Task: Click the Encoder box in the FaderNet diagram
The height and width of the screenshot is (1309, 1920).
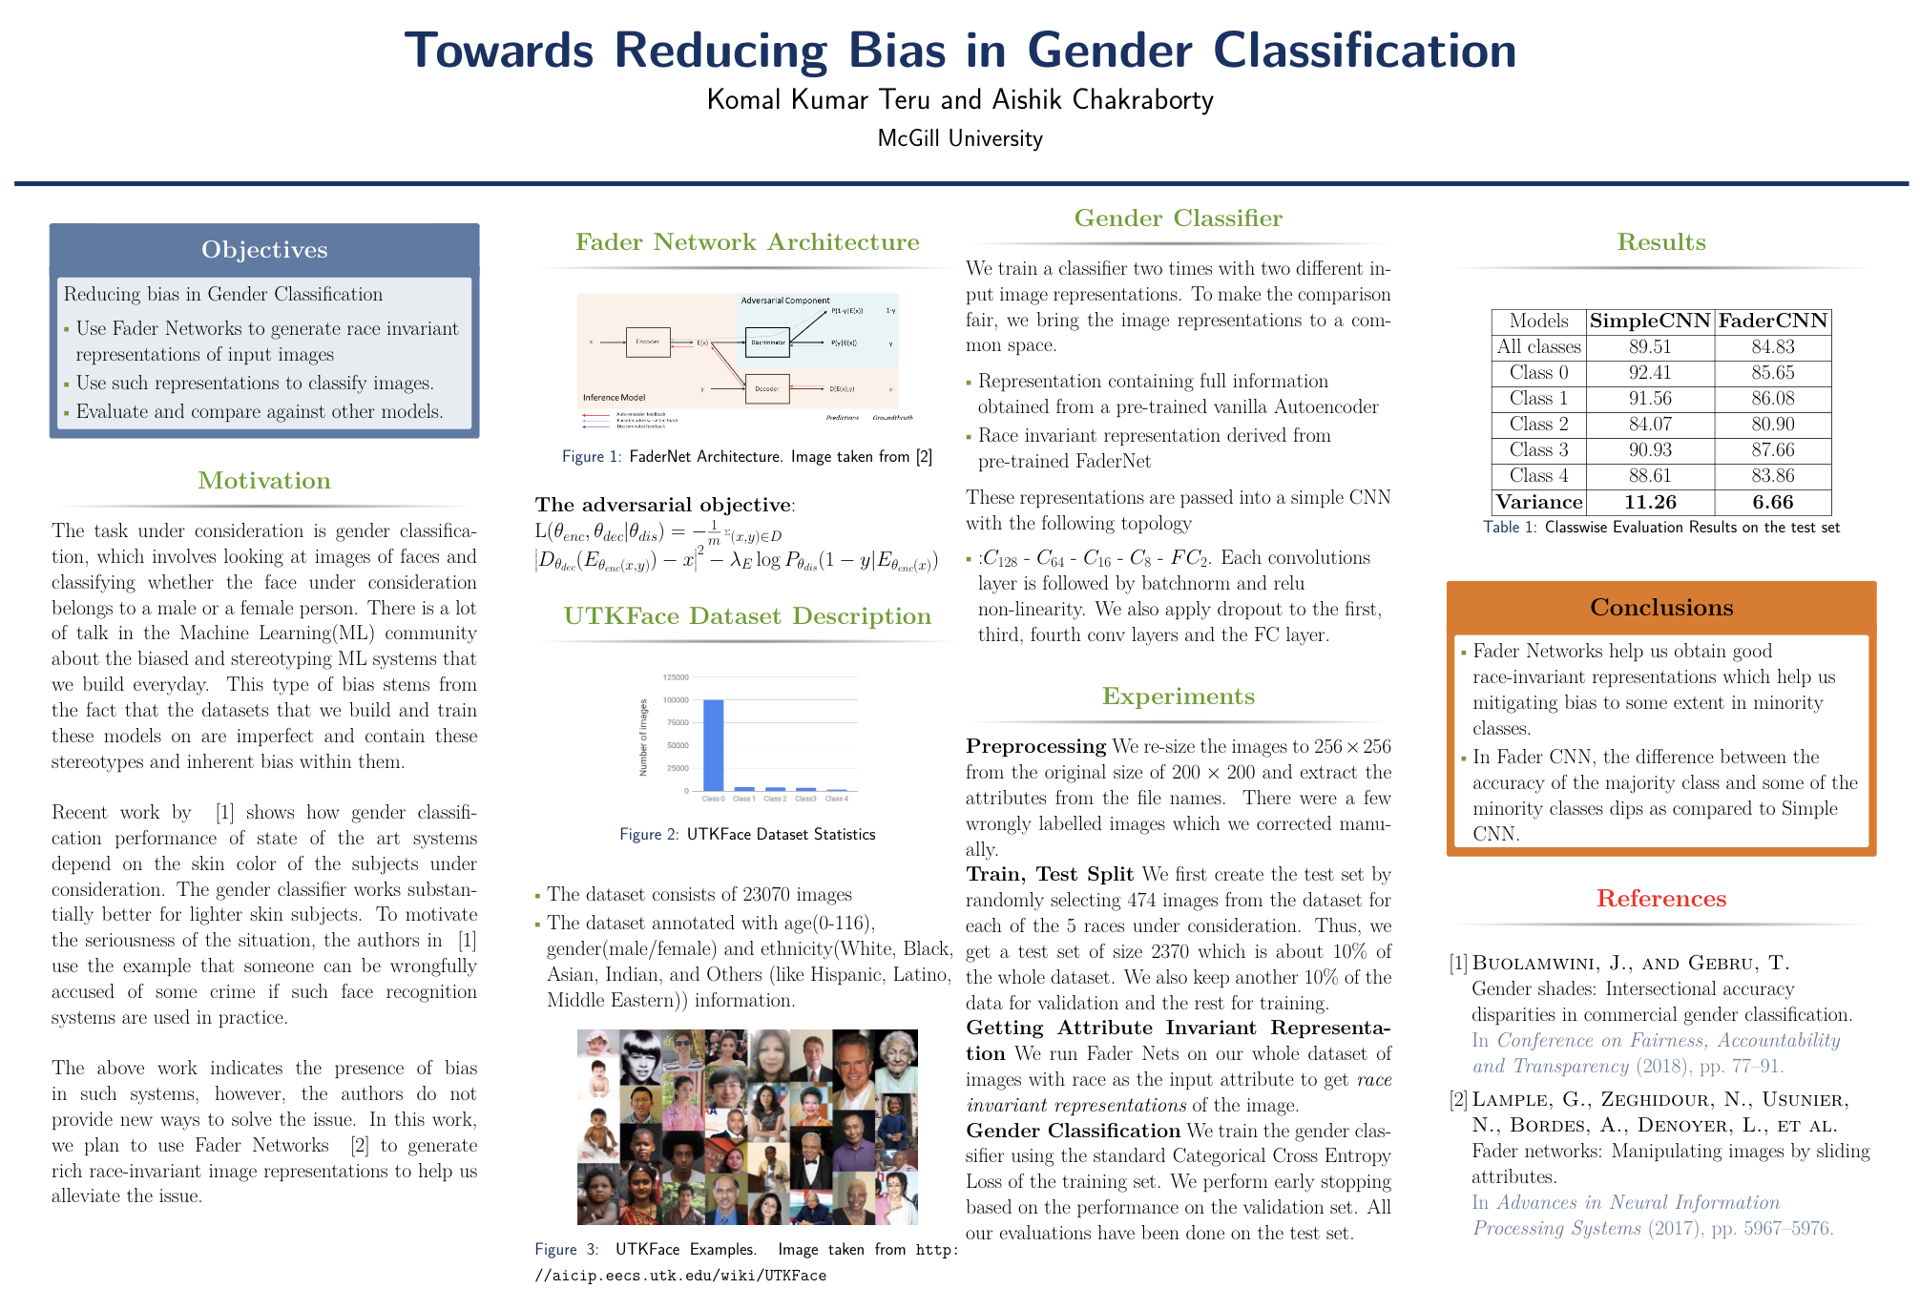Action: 647,342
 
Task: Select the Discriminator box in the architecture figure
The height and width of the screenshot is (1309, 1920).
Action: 767,343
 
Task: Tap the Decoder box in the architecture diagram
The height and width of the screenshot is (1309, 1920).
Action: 767,389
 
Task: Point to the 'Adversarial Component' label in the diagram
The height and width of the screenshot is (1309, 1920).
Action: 785,301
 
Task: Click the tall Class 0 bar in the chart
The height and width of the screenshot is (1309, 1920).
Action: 713,745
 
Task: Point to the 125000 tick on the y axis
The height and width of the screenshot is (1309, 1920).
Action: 676,677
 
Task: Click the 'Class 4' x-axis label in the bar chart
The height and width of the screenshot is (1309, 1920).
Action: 835,800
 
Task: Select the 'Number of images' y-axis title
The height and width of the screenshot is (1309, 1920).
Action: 643,738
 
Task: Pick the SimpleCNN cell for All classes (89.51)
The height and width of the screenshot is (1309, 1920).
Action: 1649,346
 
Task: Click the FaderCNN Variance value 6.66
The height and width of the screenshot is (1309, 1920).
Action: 1772,502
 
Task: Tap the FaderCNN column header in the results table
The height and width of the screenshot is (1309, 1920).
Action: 1772,321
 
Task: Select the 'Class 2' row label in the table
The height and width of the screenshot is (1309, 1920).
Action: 1538,424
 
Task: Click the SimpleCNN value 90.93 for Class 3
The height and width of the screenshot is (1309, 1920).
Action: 1649,449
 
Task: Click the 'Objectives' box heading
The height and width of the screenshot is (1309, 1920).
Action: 264,250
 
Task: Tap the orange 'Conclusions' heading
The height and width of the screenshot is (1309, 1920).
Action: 1660,608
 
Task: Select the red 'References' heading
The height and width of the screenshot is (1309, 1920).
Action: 1660,899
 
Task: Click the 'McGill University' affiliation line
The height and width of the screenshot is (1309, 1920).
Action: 959,139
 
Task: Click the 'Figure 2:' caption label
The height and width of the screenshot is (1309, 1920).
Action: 649,835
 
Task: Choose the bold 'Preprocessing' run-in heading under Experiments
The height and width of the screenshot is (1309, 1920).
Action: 1035,746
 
